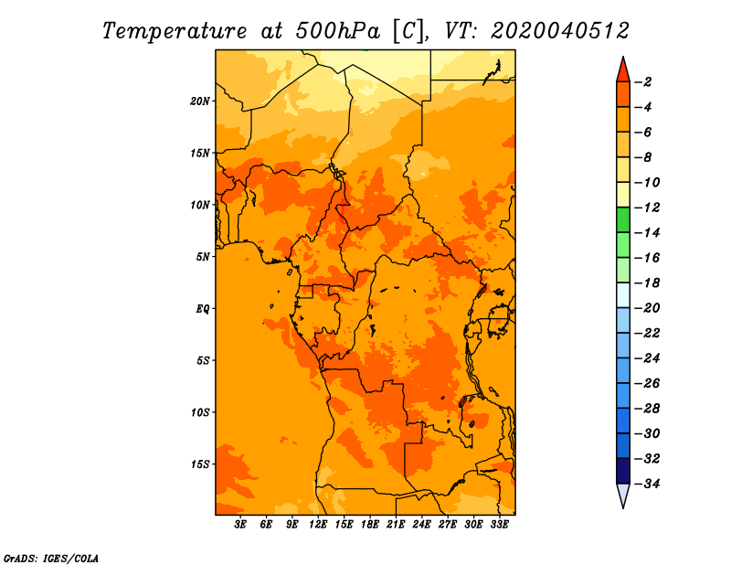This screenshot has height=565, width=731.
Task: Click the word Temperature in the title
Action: tap(175, 31)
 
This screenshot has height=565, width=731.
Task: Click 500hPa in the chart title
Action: tap(331, 31)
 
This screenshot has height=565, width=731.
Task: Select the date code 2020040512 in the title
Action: tap(560, 31)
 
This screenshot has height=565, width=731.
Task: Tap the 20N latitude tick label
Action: tap(200, 101)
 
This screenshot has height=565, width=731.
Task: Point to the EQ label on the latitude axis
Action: tap(202, 309)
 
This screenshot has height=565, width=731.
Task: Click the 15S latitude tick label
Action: tap(200, 464)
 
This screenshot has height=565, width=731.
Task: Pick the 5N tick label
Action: tap(203, 257)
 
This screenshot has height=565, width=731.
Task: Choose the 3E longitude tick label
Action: tap(240, 525)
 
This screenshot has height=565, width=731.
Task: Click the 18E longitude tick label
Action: tap(370, 525)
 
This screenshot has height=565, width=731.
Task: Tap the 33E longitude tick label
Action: tap(499, 525)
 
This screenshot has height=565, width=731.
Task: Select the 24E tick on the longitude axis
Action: tap(421, 525)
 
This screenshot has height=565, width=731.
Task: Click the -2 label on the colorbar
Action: tap(643, 82)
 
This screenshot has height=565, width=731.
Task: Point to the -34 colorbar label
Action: tap(647, 484)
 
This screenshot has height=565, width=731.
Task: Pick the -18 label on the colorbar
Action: tap(647, 283)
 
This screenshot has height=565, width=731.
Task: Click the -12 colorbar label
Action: tap(647, 208)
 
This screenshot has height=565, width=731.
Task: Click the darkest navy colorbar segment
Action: tap(623, 471)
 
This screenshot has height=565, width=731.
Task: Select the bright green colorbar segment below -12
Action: tap(623, 220)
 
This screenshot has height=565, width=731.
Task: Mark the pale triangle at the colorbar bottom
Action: tap(623, 495)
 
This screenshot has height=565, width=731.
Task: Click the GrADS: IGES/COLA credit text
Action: tap(51, 558)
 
